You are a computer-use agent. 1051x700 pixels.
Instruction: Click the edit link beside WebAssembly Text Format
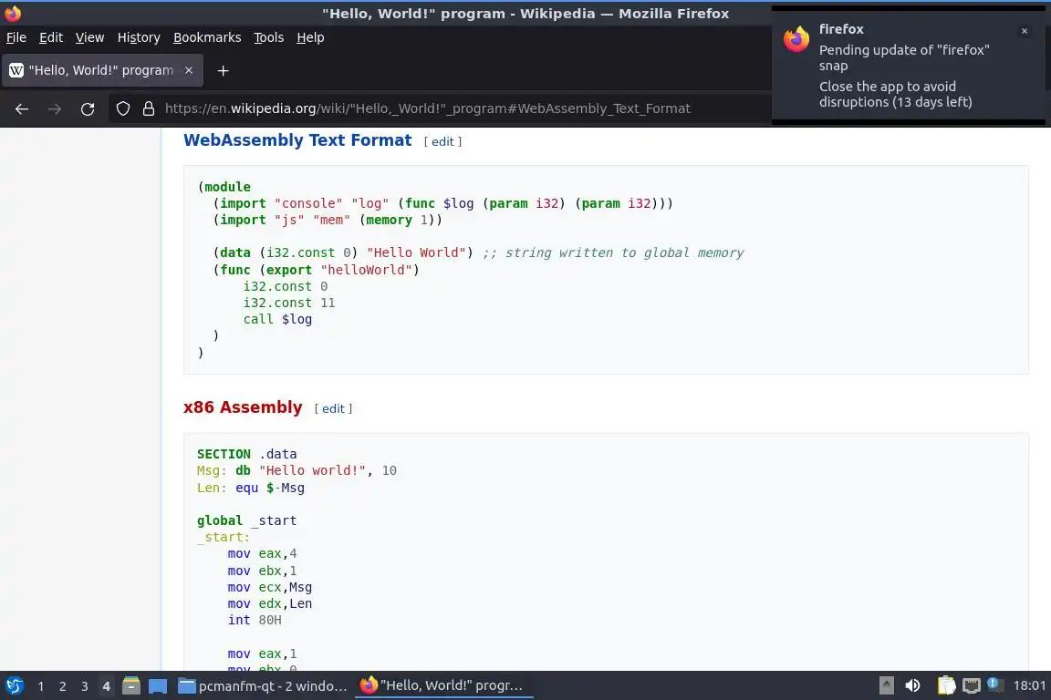click(442, 141)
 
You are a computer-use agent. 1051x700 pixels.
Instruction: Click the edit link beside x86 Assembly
click(333, 408)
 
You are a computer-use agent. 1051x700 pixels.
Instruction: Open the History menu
click(139, 37)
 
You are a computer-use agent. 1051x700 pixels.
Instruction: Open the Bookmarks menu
click(207, 37)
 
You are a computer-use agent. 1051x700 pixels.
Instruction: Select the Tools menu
click(268, 37)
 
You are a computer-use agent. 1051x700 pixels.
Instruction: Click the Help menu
click(310, 37)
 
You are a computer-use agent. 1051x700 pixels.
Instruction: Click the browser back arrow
click(22, 108)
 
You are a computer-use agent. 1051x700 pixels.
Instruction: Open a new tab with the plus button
click(223, 70)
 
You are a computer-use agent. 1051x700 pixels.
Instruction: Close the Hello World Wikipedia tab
click(189, 70)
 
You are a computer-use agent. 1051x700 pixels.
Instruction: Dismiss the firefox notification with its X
click(1025, 31)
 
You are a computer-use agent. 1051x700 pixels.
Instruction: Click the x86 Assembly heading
click(243, 407)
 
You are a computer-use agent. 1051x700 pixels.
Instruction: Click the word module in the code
click(227, 187)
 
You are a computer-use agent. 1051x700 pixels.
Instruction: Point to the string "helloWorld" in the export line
click(369, 270)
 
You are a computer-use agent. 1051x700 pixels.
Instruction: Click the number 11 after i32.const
click(328, 303)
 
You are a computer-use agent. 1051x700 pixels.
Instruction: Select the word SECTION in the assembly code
click(224, 454)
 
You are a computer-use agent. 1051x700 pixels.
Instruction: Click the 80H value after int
click(270, 620)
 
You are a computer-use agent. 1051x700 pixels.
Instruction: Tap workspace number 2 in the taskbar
click(63, 686)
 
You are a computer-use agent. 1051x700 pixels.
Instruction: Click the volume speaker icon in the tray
click(912, 686)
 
